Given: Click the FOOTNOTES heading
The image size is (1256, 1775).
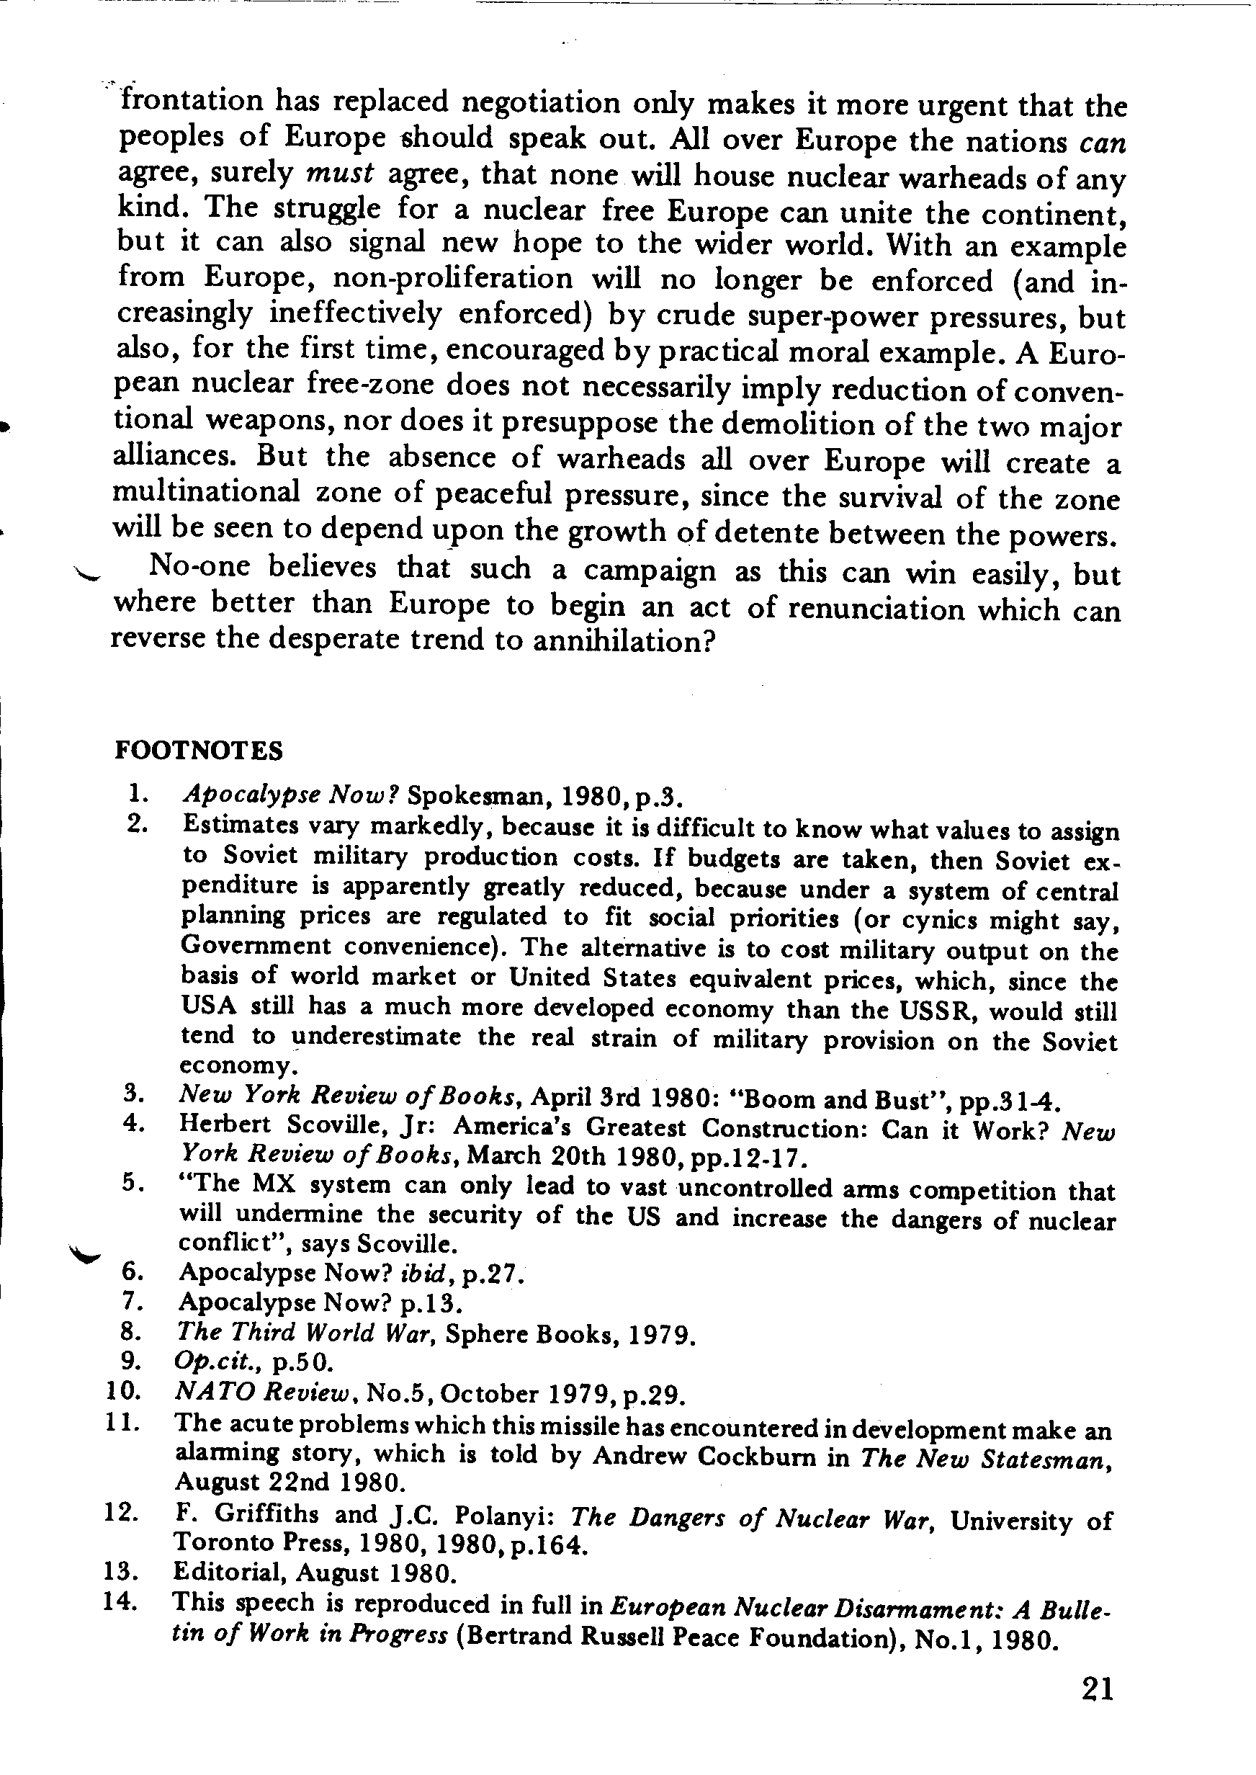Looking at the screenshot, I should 199,750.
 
